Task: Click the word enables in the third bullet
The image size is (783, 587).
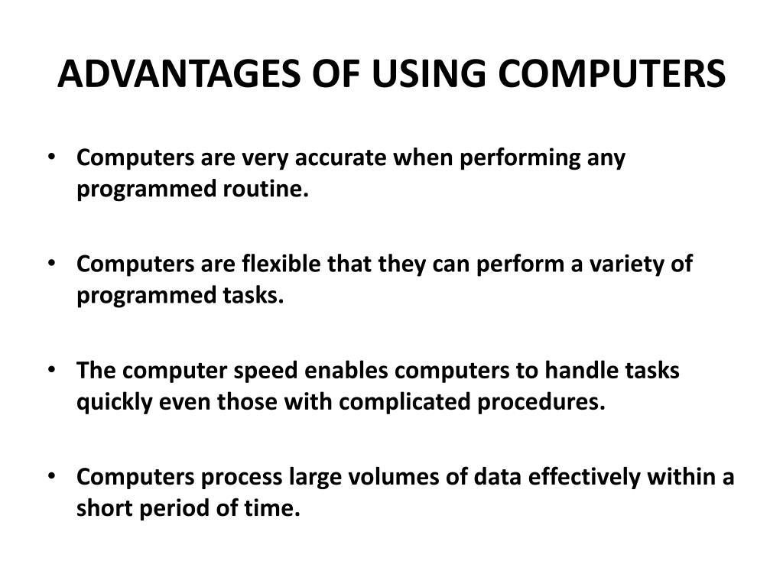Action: [x=347, y=371]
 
